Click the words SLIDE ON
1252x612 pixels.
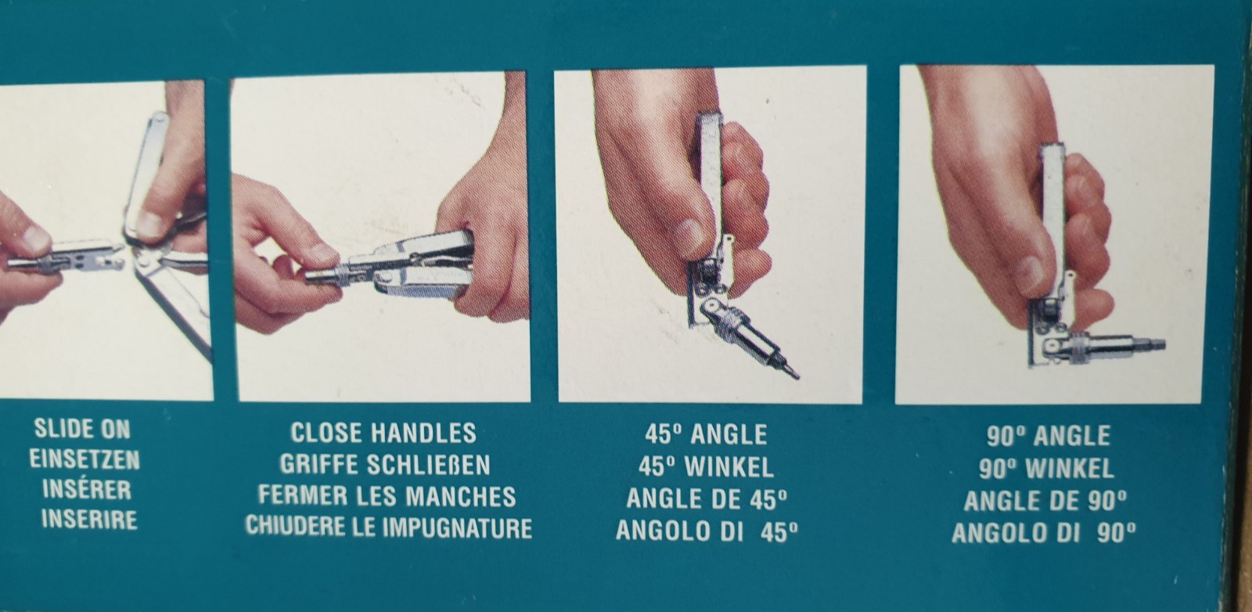tap(82, 429)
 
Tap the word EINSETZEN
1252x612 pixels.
tap(85, 460)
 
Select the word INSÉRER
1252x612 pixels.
tap(87, 489)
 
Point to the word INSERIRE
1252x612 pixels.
tap(89, 520)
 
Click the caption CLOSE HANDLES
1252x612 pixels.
tap(383, 433)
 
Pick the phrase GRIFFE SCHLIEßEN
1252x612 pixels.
tap(384, 464)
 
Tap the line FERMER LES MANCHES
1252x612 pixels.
tap(387, 496)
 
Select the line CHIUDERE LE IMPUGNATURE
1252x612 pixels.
tap(388, 527)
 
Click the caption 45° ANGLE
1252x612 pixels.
tap(706, 434)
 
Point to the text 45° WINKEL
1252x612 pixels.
tap(706, 466)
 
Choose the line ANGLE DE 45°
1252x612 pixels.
tap(707, 499)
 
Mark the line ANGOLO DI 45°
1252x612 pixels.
tap(707, 531)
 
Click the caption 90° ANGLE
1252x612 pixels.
tap(1048, 436)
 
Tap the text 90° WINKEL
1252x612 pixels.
tap(1046, 468)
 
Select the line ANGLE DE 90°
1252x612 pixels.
tap(1045, 500)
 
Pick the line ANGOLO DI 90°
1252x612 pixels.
tap(1044, 532)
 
